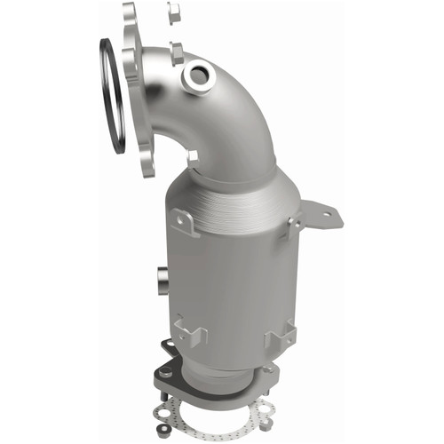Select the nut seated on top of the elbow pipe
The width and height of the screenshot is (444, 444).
[176, 52]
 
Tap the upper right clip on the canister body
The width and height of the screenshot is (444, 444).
[288, 227]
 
